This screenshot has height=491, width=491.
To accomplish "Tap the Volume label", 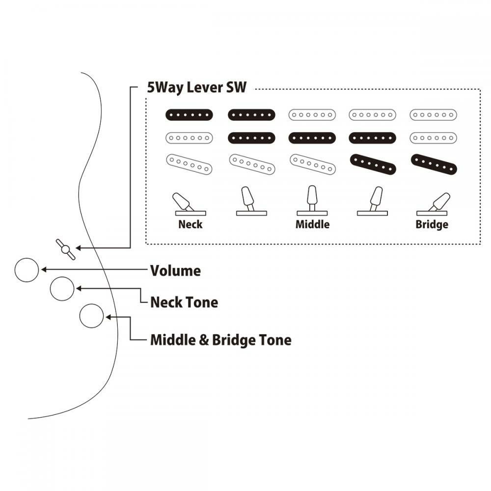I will [x=175, y=271].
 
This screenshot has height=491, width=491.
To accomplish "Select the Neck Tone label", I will [x=184, y=302].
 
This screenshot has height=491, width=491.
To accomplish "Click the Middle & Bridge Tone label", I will [x=220, y=340].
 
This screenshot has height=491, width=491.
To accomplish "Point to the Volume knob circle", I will [x=27, y=270].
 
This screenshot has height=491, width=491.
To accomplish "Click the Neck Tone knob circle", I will [x=62, y=289].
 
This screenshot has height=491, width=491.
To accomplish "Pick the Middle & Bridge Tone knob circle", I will [x=91, y=316].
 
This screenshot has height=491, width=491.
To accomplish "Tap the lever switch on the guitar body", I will [x=65, y=249].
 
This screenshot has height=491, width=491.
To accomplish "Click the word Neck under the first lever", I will [x=190, y=225].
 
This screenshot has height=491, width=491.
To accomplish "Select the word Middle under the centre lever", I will [x=312, y=225].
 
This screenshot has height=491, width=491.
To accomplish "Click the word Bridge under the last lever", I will [x=432, y=225].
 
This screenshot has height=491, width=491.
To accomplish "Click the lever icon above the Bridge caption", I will [x=434, y=204].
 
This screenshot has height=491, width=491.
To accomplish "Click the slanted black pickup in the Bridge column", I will [x=434, y=164].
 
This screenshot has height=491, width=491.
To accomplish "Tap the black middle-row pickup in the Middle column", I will [x=312, y=138].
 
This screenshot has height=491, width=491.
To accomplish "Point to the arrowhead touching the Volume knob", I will [x=43, y=269].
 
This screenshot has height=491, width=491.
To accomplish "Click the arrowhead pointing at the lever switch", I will [x=78, y=248].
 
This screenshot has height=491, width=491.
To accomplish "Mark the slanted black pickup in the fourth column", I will [x=373, y=164].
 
